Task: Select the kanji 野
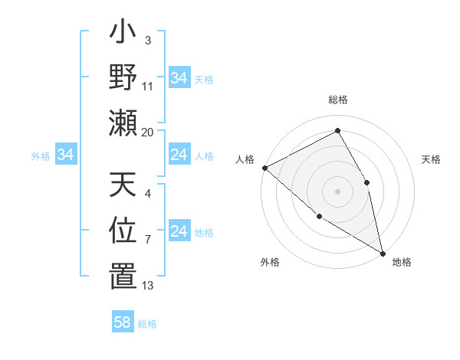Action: pyautogui.click(x=122, y=78)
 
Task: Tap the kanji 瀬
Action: pyautogui.click(x=122, y=123)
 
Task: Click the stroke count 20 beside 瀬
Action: pyautogui.click(x=148, y=132)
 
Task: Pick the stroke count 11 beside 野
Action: pyautogui.click(x=148, y=87)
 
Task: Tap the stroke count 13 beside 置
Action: pyautogui.click(x=148, y=285)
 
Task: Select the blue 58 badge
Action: pyautogui.click(x=123, y=322)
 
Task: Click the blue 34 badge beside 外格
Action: pyautogui.click(x=66, y=155)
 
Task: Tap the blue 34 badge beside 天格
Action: pyautogui.click(x=179, y=78)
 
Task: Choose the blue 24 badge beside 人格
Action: pyautogui.click(x=179, y=155)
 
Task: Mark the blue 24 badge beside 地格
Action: pyautogui.click(x=179, y=231)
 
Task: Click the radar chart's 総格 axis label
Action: pyautogui.click(x=337, y=100)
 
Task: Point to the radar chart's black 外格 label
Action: pyautogui.click(x=270, y=263)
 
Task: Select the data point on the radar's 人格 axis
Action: pyautogui.click(x=264, y=168)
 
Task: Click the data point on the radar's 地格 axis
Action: pyautogui.click(x=382, y=252)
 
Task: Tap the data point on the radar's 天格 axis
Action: pyautogui.click(x=367, y=182)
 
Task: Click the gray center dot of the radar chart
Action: pyautogui.click(x=337, y=191)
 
